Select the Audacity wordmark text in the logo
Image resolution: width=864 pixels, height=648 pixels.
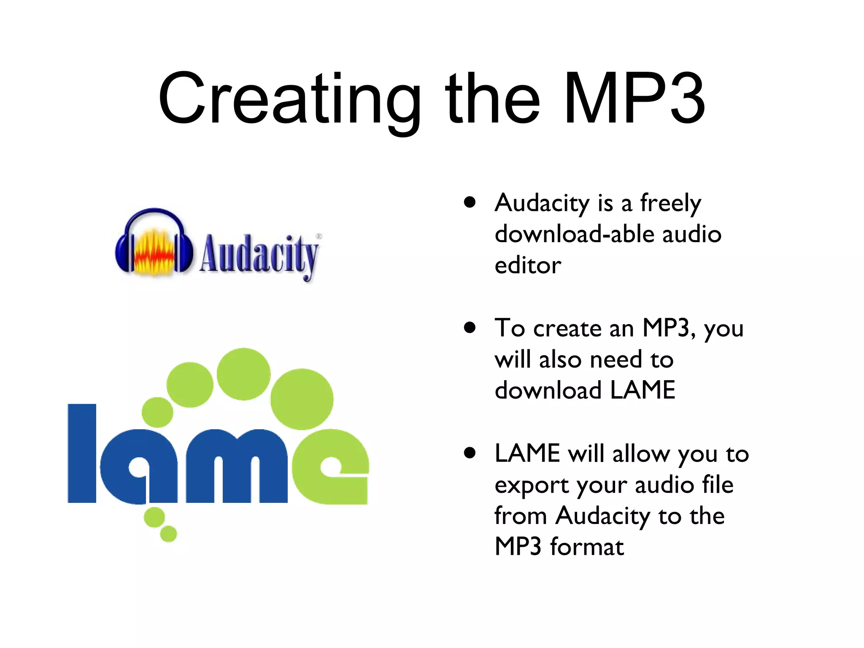pos(259,254)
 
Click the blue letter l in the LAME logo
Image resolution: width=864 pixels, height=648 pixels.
pos(82,453)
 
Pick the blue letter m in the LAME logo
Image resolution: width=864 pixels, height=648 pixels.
pos(236,467)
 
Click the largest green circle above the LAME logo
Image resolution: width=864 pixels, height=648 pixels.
pos(302,399)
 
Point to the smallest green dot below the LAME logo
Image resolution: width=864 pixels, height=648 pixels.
pos(168,534)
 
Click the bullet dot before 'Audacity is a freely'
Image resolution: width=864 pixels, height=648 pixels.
pos(470,202)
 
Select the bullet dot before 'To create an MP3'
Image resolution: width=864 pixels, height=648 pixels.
pos(470,327)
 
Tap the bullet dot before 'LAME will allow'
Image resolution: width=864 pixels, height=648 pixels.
pos(470,453)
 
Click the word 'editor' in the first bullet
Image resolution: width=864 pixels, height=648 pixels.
pos(528,265)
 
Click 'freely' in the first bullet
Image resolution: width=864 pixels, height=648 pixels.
pos(670,203)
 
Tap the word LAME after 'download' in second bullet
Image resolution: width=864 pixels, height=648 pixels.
pos(643,390)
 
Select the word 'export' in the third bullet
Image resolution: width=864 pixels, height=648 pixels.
pos(532,486)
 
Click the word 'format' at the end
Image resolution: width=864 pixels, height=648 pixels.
pos(587,547)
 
